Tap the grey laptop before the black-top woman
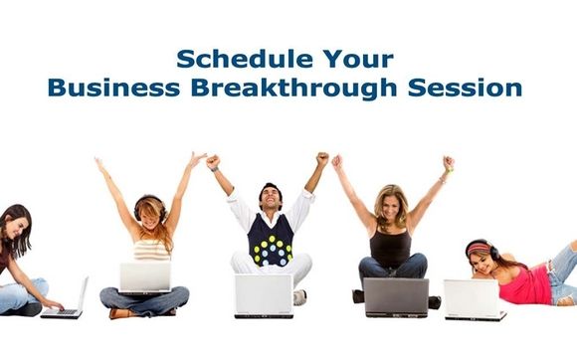tap(395, 295)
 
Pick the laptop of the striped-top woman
tap(145, 278)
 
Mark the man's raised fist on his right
tap(321, 158)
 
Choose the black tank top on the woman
tap(390, 247)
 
